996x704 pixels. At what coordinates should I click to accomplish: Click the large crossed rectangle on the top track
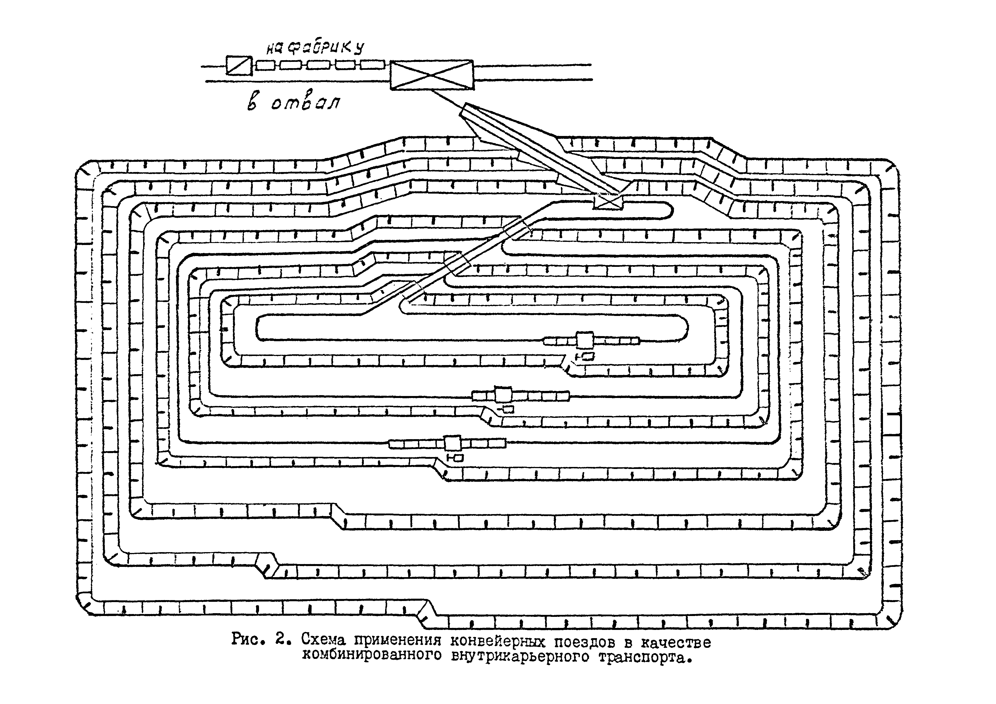point(432,75)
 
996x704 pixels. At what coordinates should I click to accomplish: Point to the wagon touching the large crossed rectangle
point(373,65)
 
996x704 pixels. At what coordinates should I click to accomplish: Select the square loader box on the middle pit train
point(503,395)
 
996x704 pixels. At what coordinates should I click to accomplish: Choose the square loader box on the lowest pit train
point(452,443)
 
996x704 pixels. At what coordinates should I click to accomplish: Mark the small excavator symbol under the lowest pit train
point(456,457)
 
